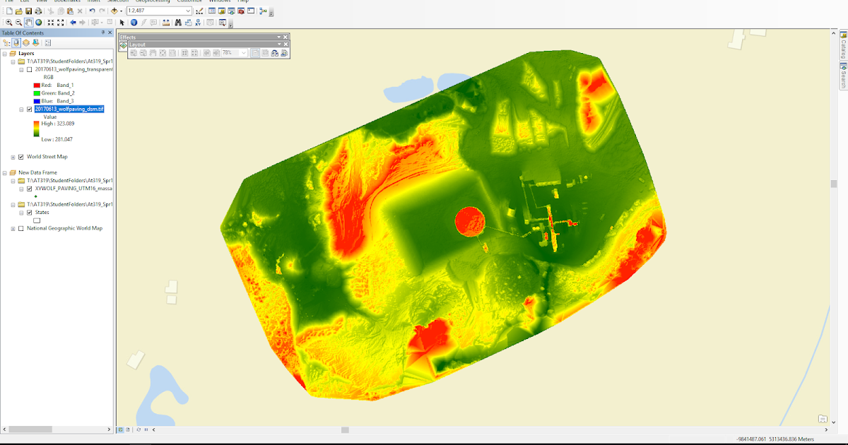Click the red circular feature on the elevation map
coord(469,221)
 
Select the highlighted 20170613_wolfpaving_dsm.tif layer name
coord(69,109)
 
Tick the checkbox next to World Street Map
coord(20,157)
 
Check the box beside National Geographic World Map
coord(20,228)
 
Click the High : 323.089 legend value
coord(58,124)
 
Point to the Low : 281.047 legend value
coord(57,139)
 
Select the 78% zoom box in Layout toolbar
coord(230,53)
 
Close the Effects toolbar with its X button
coord(285,37)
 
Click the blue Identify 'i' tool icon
coord(134,23)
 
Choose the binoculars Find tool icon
coord(178,23)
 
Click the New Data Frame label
coord(37,172)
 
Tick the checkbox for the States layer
coord(29,212)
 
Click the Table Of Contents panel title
coord(23,33)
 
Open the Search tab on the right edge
coord(843,76)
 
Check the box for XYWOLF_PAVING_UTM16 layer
coord(29,189)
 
